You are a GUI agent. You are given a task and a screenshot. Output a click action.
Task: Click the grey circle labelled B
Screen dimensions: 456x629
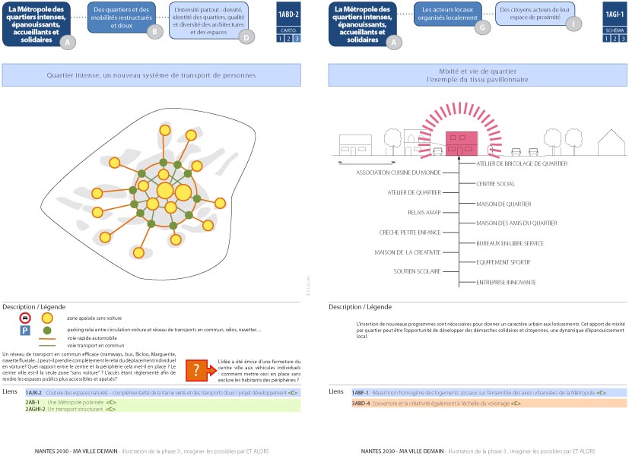(x=154, y=31)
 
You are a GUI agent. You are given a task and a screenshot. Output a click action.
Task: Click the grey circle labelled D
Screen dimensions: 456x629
(x=246, y=36)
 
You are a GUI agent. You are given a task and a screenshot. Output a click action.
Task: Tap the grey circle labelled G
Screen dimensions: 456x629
(x=481, y=26)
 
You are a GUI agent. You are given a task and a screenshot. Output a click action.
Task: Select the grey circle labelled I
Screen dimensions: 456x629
(x=573, y=23)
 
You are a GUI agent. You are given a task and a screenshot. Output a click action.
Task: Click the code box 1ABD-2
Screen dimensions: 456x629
(x=288, y=14)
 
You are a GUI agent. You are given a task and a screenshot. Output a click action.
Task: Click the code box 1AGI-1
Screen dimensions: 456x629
(x=615, y=14)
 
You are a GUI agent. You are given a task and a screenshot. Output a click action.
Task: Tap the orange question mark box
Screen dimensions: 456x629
(x=196, y=370)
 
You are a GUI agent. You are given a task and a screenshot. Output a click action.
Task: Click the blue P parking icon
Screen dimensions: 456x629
(x=25, y=331)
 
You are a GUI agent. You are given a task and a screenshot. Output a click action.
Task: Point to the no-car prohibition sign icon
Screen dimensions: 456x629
(x=25, y=318)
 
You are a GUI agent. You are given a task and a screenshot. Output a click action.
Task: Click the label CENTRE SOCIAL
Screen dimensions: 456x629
(x=495, y=184)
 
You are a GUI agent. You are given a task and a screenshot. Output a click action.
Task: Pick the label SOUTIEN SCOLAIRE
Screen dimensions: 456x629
(x=417, y=271)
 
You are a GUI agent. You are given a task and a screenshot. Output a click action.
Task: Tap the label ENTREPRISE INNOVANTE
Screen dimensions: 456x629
(x=506, y=282)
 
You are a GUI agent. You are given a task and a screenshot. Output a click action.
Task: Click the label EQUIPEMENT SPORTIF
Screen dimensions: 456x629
(x=504, y=262)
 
